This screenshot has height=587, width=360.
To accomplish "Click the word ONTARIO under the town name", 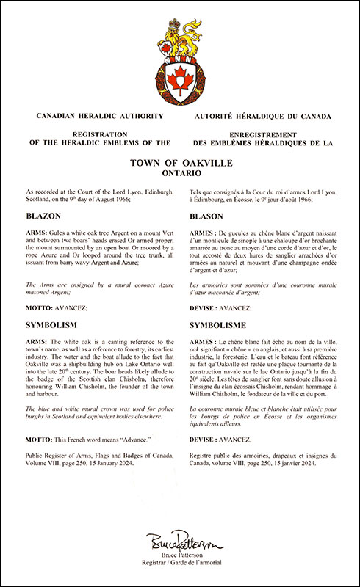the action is pyautogui.click(x=179, y=175).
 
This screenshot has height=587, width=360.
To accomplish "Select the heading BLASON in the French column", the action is pyautogui.click(x=209, y=217).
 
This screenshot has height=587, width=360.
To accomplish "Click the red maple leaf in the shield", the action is pyautogui.click(x=179, y=76).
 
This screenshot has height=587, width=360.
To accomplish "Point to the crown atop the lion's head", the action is pyautogui.click(x=176, y=13).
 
